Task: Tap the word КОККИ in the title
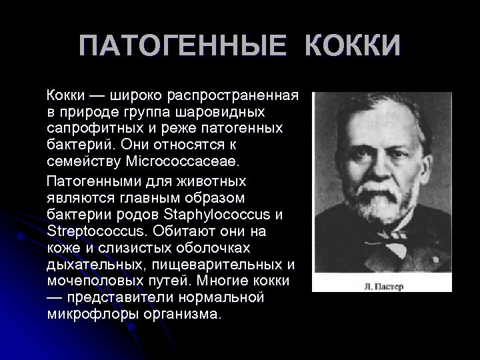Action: (353, 47)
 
